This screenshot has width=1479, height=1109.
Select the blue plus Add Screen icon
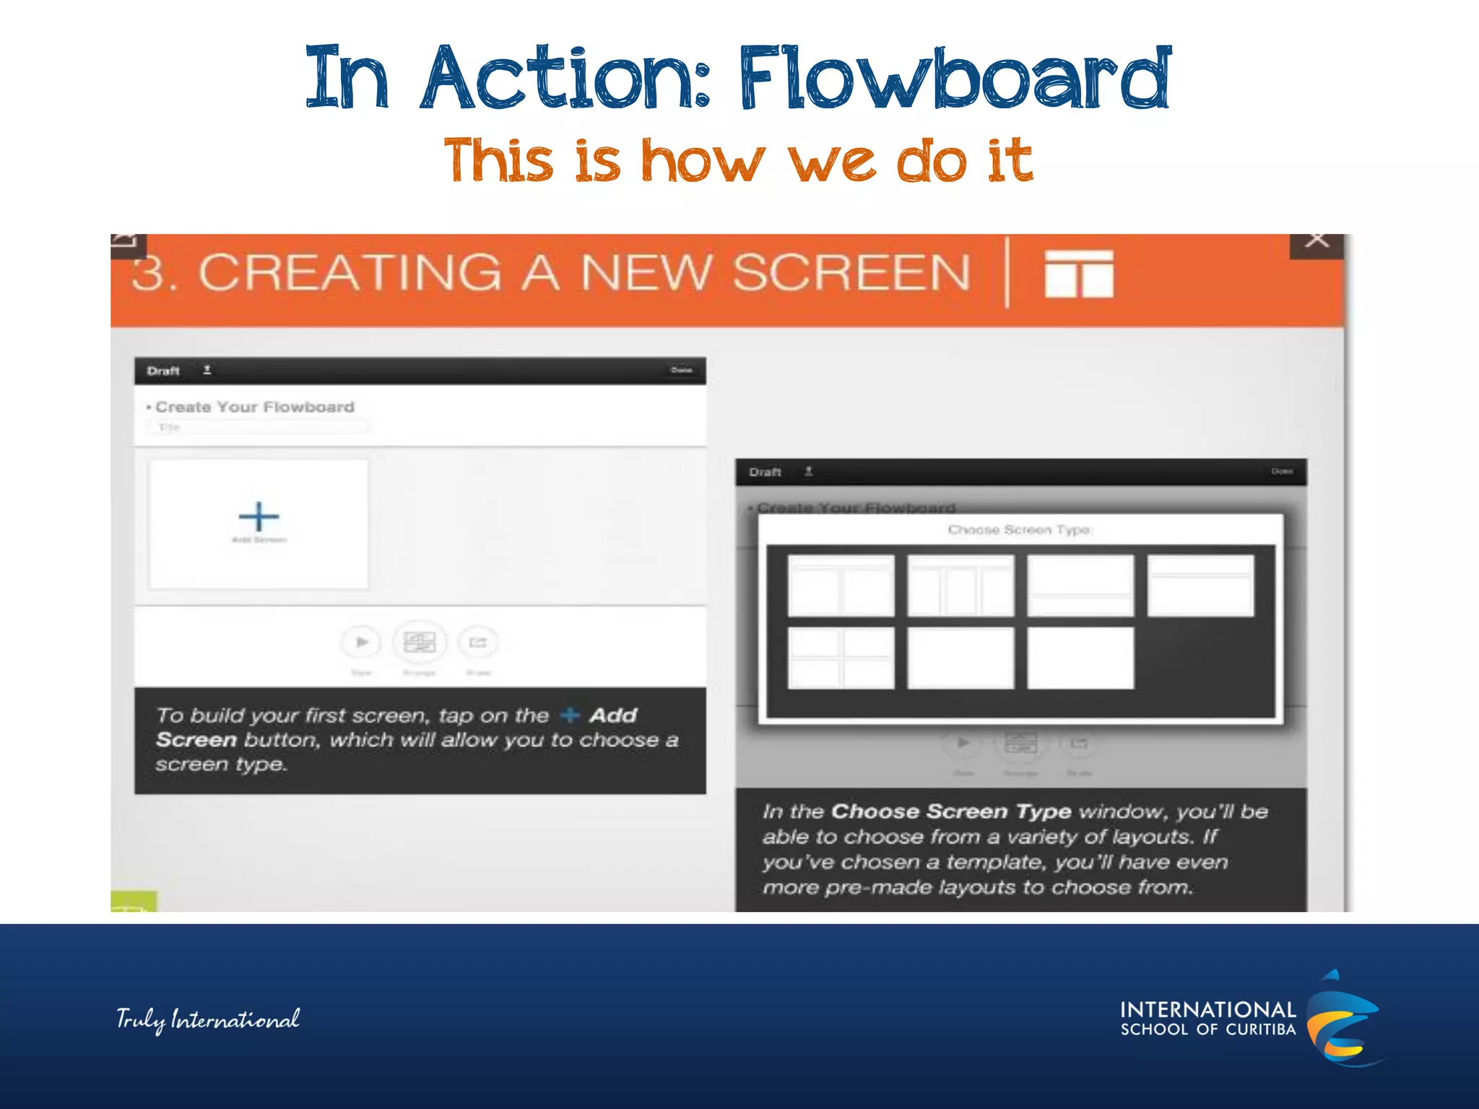(x=259, y=517)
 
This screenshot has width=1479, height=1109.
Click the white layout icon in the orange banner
(x=1079, y=274)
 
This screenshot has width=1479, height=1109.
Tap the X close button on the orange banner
(x=1317, y=241)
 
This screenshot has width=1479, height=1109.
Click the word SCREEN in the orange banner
(x=851, y=273)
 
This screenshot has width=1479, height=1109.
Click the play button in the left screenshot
(x=361, y=642)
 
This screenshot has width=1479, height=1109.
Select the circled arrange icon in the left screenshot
(x=420, y=642)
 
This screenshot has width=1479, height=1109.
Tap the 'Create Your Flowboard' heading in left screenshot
(x=254, y=407)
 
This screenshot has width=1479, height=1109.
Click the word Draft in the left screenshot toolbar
(x=163, y=371)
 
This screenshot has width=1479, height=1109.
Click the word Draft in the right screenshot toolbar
(x=765, y=472)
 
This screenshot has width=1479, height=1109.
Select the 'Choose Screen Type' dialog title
(x=1019, y=530)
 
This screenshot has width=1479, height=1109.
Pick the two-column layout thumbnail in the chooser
(x=841, y=586)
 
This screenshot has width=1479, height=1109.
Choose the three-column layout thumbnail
(x=960, y=586)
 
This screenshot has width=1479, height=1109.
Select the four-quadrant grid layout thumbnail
(x=841, y=658)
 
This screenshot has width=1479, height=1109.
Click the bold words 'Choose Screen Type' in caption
(x=951, y=812)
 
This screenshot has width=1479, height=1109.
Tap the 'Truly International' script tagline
(x=208, y=1019)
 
